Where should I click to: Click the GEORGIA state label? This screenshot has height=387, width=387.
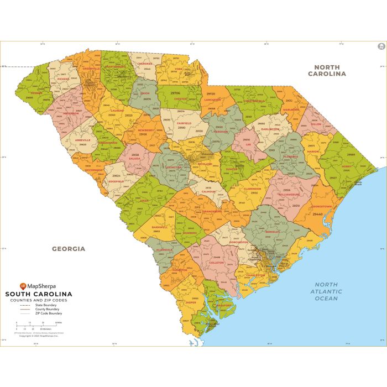(69, 249)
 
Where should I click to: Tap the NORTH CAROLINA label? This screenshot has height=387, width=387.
(327, 70)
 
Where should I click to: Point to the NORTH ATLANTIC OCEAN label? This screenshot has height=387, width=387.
(326, 291)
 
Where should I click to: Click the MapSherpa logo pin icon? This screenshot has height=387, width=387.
(23, 286)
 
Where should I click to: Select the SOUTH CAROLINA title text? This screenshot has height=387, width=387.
(39, 294)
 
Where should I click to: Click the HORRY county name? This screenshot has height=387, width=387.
(347, 167)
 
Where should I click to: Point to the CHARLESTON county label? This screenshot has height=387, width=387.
(255, 275)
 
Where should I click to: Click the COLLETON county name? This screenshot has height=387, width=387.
(216, 263)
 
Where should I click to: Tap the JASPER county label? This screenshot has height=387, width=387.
(191, 302)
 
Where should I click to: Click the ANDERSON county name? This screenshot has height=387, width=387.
(71, 113)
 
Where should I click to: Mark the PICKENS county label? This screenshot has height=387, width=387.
(63, 79)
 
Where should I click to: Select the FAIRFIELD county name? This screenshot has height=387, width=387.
(184, 123)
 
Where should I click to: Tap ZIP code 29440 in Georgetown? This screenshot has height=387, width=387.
(318, 213)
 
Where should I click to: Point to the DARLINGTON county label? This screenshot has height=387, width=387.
(270, 129)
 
